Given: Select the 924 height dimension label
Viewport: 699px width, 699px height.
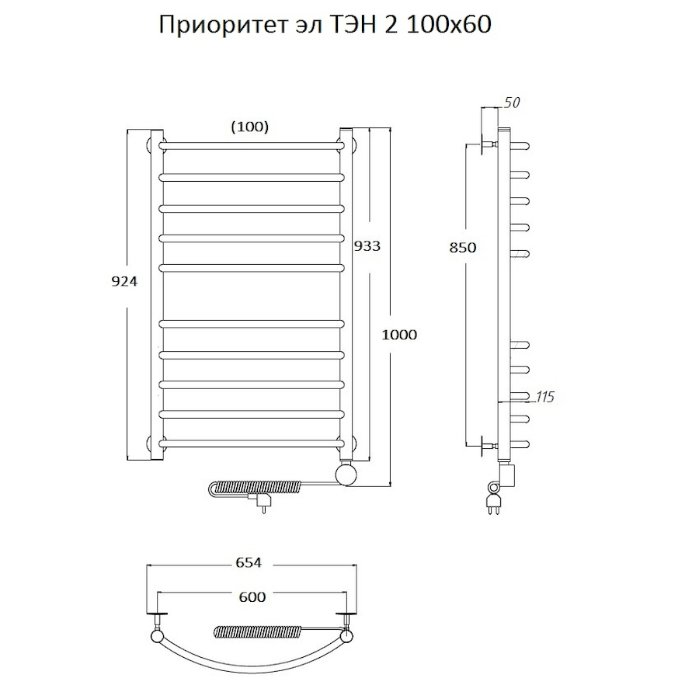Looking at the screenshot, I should tap(125, 282).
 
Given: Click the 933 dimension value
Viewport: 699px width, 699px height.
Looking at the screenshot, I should tap(367, 245).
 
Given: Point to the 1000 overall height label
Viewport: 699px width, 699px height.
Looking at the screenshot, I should tap(399, 335).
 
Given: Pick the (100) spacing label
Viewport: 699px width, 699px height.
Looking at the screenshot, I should tap(250, 127).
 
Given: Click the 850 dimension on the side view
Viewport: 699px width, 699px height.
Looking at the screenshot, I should tap(461, 248).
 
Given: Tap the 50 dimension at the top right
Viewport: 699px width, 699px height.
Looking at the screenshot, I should tap(512, 103).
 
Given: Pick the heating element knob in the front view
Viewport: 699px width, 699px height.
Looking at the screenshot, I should tap(346, 471).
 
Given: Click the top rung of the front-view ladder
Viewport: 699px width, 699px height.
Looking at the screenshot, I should tap(252, 145).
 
